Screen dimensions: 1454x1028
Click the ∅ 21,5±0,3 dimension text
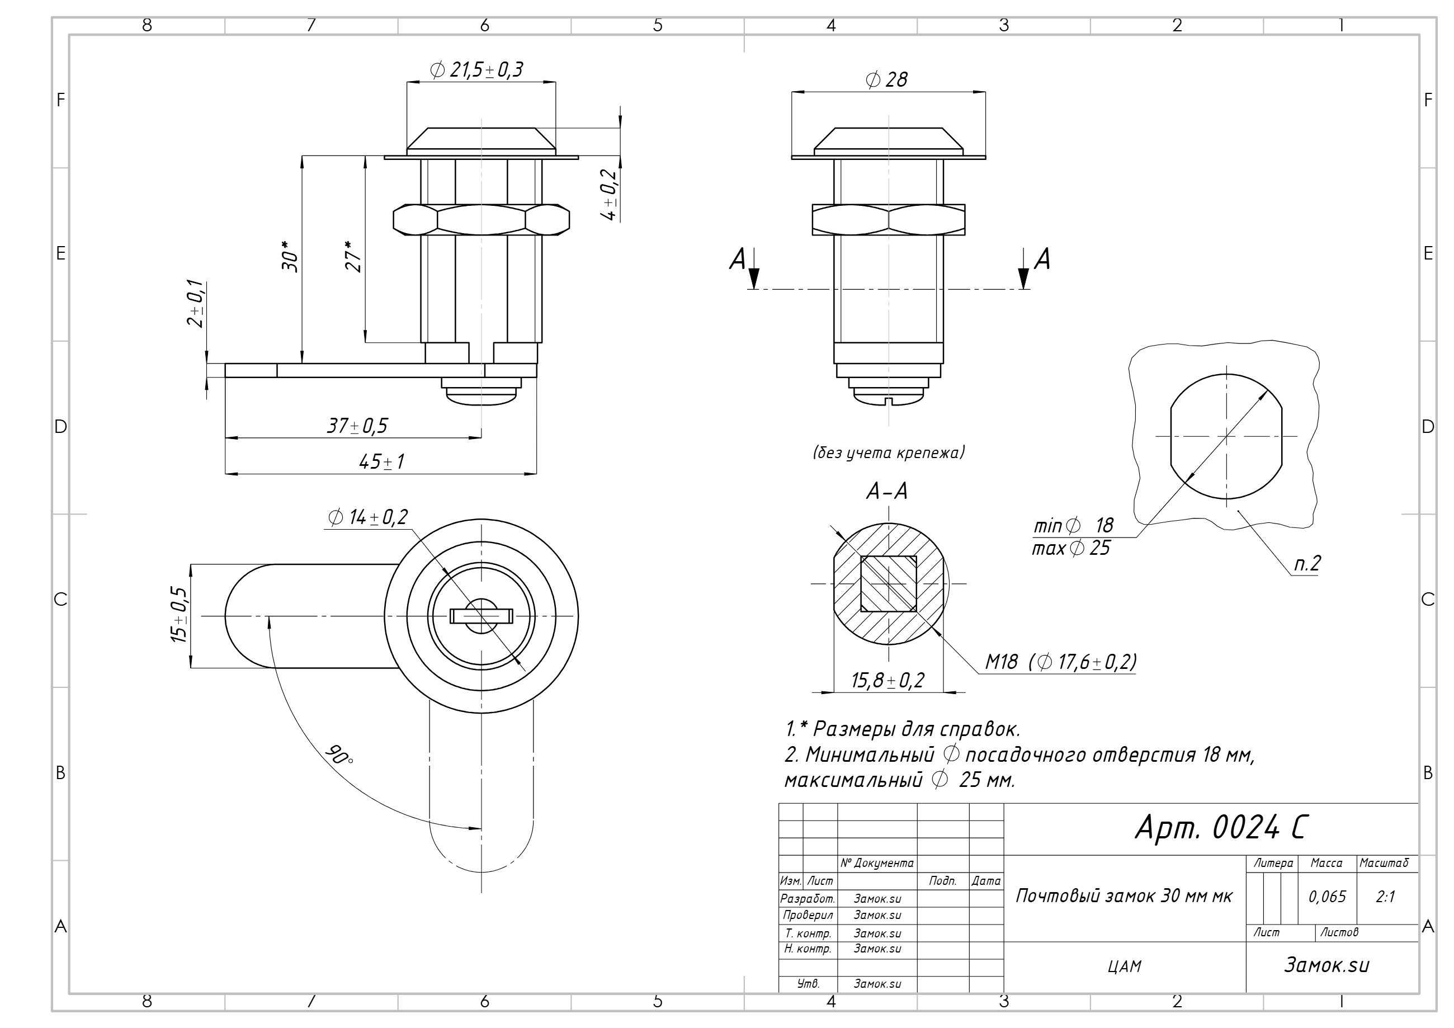(x=476, y=70)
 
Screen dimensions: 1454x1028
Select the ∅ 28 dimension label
(x=886, y=79)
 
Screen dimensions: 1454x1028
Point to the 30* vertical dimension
(x=290, y=256)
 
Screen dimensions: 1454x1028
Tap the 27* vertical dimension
(x=353, y=256)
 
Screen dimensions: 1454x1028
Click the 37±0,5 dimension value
(x=357, y=426)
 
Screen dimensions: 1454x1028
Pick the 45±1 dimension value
(x=381, y=462)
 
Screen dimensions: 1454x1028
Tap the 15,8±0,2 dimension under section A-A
(x=888, y=680)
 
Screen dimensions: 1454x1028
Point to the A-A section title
(x=887, y=492)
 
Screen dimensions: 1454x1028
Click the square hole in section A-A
(x=889, y=583)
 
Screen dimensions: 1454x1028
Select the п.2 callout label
(x=1307, y=563)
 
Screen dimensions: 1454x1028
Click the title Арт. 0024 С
(x=1220, y=827)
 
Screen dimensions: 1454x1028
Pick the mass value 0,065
(x=1328, y=897)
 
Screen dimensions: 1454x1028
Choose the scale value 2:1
(x=1386, y=897)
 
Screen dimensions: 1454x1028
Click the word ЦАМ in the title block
(x=1125, y=966)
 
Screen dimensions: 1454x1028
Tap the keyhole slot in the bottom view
(x=481, y=616)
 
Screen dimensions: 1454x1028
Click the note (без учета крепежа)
(x=889, y=452)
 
